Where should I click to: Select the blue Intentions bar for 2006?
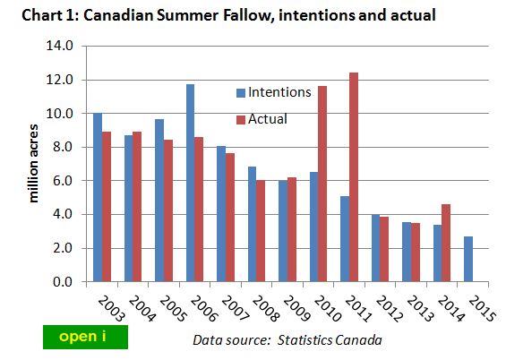(x=191, y=183)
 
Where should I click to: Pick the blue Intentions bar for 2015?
(x=467, y=259)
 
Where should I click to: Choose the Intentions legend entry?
(x=273, y=91)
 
